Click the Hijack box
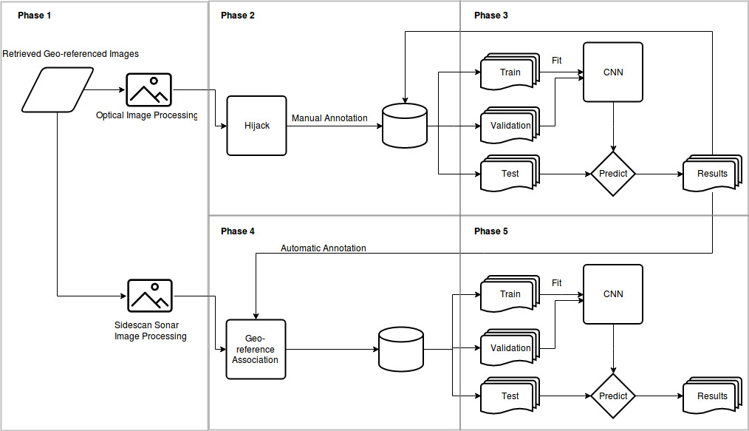(x=256, y=126)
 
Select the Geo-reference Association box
(x=256, y=349)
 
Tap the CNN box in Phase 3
(x=613, y=72)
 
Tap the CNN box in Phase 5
(x=613, y=294)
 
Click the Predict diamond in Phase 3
(x=613, y=174)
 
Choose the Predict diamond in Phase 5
(x=613, y=396)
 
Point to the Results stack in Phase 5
(x=712, y=396)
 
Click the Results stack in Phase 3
(x=712, y=174)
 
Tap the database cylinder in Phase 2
(x=405, y=125)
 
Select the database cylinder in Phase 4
(x=400, y=349)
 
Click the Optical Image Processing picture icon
(x=148, y=91)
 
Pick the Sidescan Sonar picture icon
(x=149, y=296)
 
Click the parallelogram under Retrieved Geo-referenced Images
(x=58, y=90)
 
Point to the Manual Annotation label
(x=329, y=118)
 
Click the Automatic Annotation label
(x=323, y=248)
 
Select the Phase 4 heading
(x=238, y=231)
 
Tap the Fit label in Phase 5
(x=557, y=283)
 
